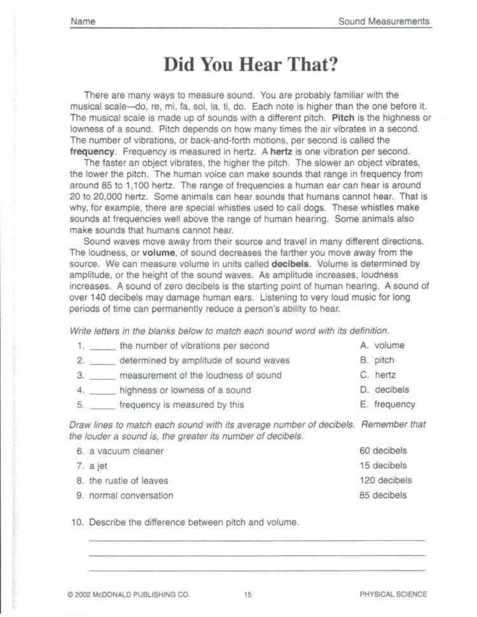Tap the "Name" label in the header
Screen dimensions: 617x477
pos(83,22)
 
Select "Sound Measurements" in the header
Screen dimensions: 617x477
pos(384,22)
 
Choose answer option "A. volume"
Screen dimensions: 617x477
pos(382,345)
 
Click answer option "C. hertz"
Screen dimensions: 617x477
pos(377,375)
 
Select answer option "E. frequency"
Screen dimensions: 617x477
pos(387,404)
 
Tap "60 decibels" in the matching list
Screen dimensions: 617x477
pos(383,450)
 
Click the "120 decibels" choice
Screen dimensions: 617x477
pos(385,480)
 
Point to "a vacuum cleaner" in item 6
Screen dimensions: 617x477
pos(126,451)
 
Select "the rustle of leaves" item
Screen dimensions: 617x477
pos(128,480)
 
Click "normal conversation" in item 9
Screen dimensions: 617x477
pos(131,495)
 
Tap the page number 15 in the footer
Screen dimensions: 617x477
pos(247,595)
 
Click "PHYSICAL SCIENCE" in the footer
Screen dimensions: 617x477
pos(393,595)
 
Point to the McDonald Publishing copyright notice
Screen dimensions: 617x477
pos(128,595)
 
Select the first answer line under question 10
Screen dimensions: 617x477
pos(257,539)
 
